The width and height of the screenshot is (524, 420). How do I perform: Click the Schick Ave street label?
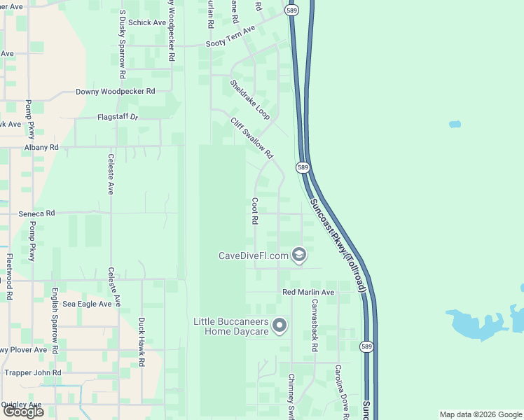coord(147,22)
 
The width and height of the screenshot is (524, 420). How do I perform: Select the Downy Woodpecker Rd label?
coord(115,92)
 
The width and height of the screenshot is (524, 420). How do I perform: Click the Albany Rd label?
coord(41,148)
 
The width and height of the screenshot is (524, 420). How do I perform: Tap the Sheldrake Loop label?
coord(250,99)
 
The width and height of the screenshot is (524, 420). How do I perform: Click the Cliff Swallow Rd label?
coord(251,137)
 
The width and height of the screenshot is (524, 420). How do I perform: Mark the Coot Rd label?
coord(255,210)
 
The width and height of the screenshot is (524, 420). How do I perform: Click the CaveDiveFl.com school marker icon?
coord(299,255)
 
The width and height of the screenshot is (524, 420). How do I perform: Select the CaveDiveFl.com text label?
coord(254,255)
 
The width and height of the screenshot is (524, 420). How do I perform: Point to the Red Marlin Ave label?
coord(308,292)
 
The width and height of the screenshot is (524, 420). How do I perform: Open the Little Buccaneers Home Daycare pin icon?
coord(280,325)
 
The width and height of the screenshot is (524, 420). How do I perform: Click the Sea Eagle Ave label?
coord(87,304)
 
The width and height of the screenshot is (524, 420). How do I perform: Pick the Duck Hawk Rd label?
coord(142,343)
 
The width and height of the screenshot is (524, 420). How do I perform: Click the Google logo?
coord(23,412)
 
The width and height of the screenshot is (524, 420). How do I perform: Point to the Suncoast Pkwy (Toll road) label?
coord(338,244)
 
